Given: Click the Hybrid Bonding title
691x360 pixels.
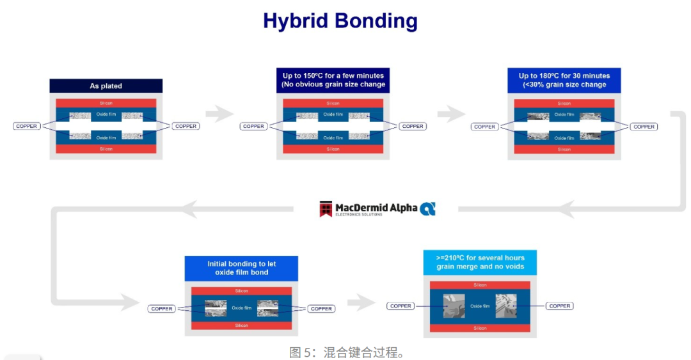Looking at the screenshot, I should [x=340, y=20].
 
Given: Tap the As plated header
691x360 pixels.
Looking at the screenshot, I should [x=106, y=86].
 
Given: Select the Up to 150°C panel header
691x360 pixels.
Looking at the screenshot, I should [x=333, y=80].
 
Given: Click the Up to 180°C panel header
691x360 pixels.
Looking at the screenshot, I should [x=564, y=80].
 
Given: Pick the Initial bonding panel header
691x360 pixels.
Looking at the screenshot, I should [x=241, y=268].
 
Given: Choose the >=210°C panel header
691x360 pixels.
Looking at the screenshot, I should [x=480, y=262].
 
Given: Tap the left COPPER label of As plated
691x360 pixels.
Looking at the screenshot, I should [x=27, y=126].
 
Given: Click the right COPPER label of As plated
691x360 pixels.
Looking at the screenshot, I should [x=186, y=126].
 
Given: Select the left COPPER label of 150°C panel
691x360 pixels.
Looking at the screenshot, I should [x=254, y=126].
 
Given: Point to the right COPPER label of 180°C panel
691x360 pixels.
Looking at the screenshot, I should [x=644, y=127].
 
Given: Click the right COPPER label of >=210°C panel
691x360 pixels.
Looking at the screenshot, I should [x=559, y=306].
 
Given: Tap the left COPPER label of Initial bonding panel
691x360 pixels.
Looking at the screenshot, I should [x=162, y=309].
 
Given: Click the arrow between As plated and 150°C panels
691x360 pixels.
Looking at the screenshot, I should [x=220, y=114].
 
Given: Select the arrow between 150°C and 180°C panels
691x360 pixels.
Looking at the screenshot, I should [x=451, y=114].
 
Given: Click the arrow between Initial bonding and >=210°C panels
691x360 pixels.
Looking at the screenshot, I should [x=361, y=302].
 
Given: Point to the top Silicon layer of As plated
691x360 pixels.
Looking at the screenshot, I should [x=106, y=103].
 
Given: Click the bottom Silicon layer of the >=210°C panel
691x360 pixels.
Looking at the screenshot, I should [x=480, y=328].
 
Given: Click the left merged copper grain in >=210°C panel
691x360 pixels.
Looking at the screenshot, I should [x=454, y=306].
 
